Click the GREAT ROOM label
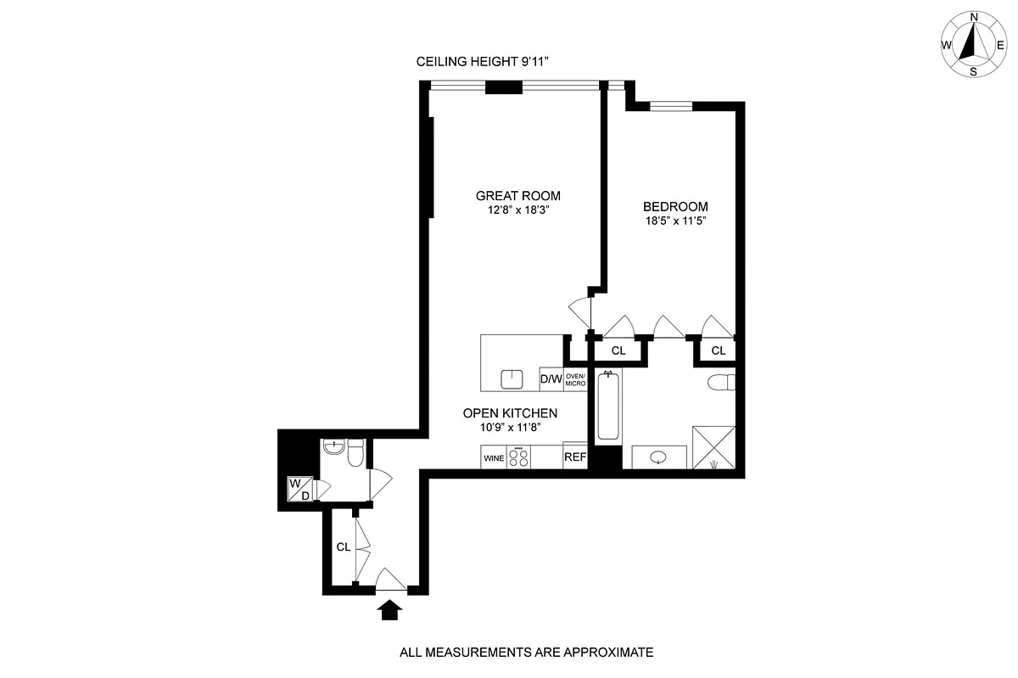click(x=518, y=196)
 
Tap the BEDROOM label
click(x=675, y=207)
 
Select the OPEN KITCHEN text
click(x=510, y=413)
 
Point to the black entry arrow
click(x=389, y=610)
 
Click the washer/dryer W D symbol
click(x=300, y=489)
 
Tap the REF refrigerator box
click(x=575, y=457)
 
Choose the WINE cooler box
click(x=494, y=458)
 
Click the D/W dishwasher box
click(x=551, y=378)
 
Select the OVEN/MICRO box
click(x=575, y=379)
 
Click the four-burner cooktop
click(x=518, y=457)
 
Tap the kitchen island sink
click(x=512, y=379)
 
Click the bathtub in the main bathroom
click(x=608, y=406)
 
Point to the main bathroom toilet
click(x=721, y=383)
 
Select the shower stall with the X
click(x=713, y=447)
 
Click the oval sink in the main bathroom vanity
click(x=658, y=457)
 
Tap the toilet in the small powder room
click(x=355, y=452)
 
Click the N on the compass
click(x=974, y=17)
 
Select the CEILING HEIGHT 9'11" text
click(x=482, y=61)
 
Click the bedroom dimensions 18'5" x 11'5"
click(x=675, y=221)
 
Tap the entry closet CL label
click(x=343, y=547)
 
